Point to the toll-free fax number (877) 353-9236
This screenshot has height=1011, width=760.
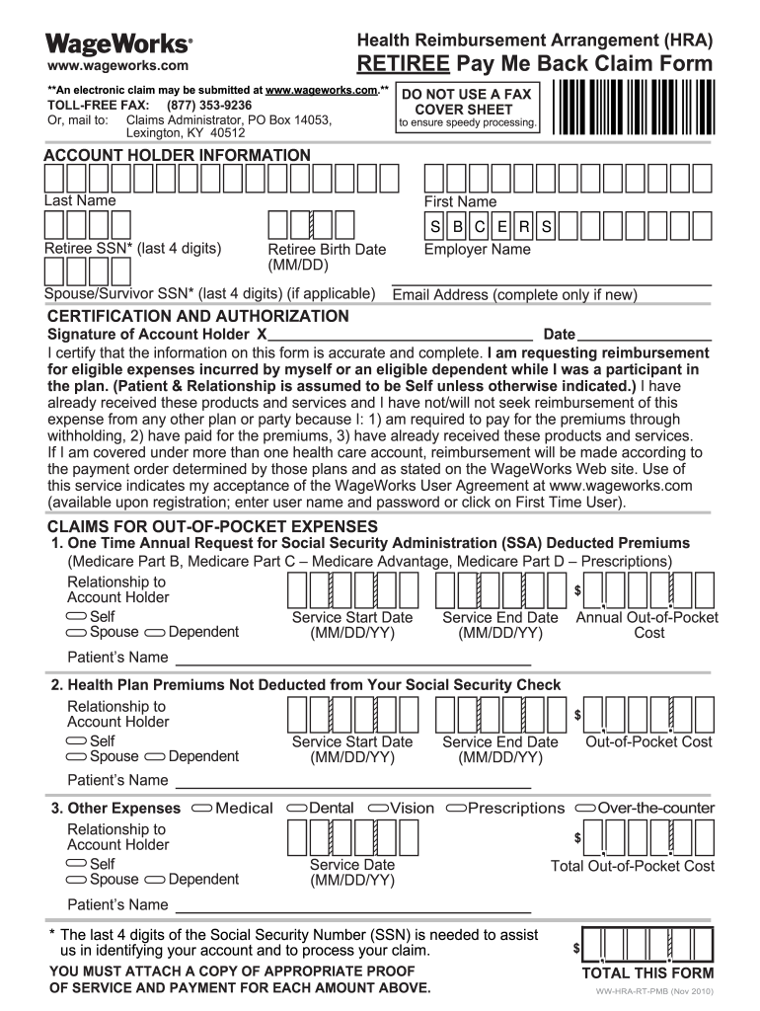click(x=209, y=105)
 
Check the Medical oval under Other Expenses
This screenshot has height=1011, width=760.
click(x=201, y=809)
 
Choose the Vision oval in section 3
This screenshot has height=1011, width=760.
click(x=377, y=809)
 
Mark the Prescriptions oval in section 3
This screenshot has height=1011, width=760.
click(x=456, y=809)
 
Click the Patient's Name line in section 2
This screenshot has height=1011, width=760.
click(x=353, y=782)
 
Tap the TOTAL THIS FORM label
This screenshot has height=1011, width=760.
click(x=647, y=972)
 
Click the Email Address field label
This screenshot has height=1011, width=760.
click(x=514, y=295)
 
